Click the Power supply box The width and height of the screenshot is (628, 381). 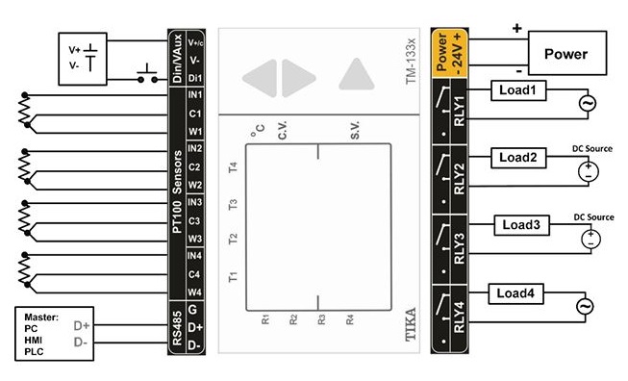[x=567, y=53]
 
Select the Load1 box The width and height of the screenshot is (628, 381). [x=518, y=90]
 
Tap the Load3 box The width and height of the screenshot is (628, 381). [x=521, y=225]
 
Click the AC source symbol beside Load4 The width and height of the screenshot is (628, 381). [x=585, y=307]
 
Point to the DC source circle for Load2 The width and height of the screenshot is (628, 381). [x=589, y=172]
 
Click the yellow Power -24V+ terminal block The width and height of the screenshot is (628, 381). [x=450, y=53]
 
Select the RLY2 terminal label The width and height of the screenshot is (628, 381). [x=459, y=179]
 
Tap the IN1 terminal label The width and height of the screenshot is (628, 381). [x=195, y=95]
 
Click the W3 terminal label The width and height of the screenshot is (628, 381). [x=195, y=239]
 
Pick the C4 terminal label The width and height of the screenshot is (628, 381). [x=194, y=274]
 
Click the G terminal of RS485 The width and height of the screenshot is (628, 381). [x=192, y=310]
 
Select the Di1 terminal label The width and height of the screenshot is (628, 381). [x=195, y=78]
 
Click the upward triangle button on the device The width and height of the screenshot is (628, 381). [x=356, y=74]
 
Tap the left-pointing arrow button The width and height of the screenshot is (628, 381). [x=261, y=78]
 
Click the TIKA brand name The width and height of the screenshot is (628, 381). [x=410, y=324]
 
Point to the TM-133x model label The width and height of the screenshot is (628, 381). [x=411, y=62]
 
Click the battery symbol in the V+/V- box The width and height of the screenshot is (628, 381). [x=90, y=57]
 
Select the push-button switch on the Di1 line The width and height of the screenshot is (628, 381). [x=147, y=75]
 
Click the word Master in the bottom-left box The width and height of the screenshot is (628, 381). [x=40, y=317]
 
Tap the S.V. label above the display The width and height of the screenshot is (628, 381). [x=355, y=130]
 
